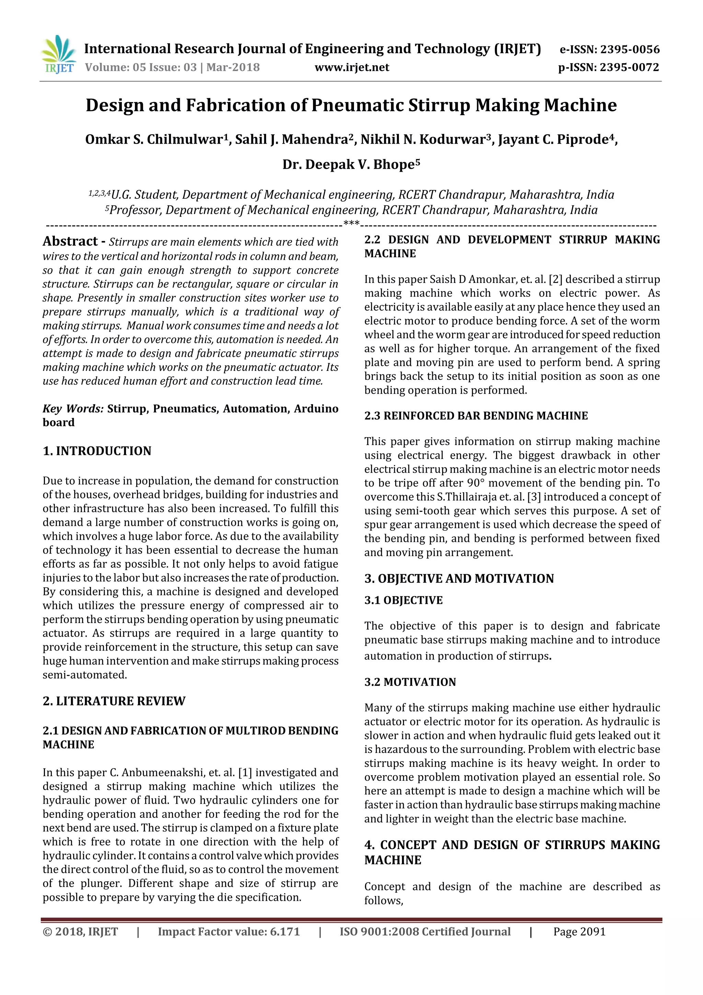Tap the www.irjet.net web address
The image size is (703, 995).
tap(352, 68)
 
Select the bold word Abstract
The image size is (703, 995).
tap(70, 241)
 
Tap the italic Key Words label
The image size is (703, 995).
tap(73, 409)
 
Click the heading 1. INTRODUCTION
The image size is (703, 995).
tap(97, 451)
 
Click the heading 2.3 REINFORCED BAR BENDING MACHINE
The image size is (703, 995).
tap(476, 416)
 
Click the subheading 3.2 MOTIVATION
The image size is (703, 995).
tap(410, 682)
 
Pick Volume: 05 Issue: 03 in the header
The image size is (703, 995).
tap(141, 68)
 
